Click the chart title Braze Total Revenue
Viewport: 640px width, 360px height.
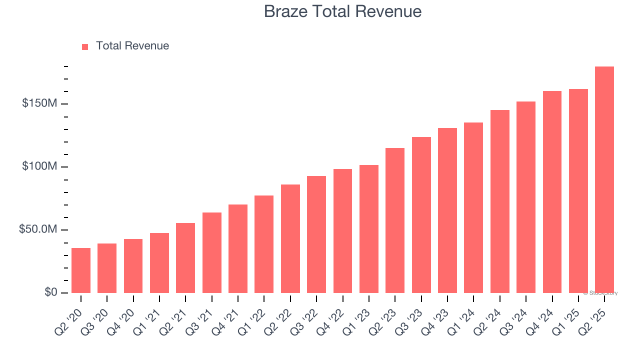342,11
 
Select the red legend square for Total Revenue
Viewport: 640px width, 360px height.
85,46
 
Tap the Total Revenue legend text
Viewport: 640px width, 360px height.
132,46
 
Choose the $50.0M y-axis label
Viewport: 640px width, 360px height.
38,229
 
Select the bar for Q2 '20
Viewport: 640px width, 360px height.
81,270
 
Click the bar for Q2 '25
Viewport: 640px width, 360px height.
604,180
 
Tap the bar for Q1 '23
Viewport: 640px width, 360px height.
369,229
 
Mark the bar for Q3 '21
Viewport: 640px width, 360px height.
212,252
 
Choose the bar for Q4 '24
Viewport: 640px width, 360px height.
552,192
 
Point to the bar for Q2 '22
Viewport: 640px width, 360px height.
290,238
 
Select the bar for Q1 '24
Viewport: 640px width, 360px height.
473,207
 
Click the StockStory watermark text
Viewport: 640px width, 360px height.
600,293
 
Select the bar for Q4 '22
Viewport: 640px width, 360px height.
342,231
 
